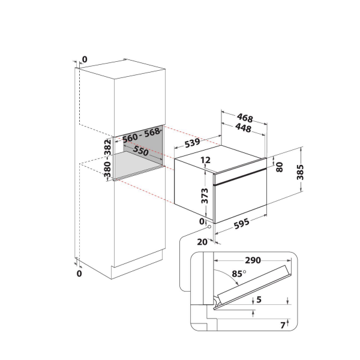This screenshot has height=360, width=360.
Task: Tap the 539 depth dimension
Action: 192,144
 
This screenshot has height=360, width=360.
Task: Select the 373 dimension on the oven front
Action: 205,196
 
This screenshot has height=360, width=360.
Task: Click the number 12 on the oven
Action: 205,160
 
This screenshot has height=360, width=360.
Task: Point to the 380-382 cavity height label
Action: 107,158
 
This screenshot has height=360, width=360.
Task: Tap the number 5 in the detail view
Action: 259,300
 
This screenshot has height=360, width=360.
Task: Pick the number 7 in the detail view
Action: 283,325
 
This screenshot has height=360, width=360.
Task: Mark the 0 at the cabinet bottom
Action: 80,274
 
